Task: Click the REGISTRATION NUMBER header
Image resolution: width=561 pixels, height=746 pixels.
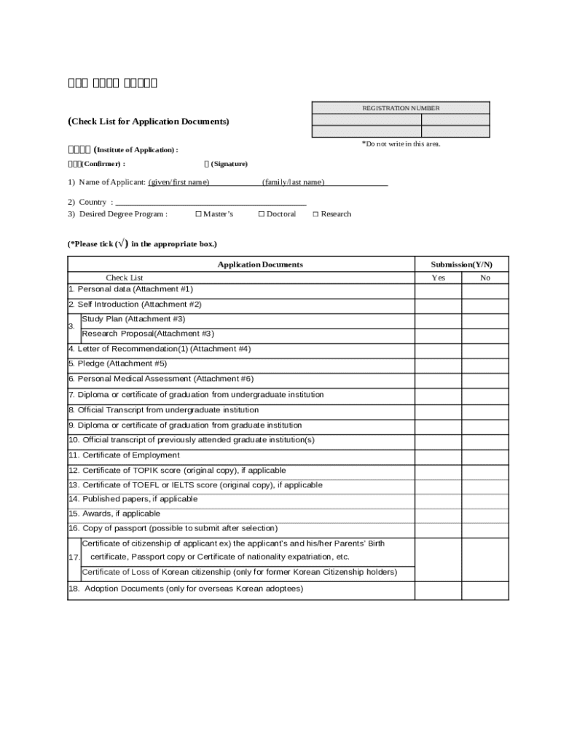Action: tap(401, 108)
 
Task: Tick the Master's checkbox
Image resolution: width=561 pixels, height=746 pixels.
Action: tap(199, 214)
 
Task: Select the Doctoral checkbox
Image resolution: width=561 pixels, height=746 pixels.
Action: tap(262, 214)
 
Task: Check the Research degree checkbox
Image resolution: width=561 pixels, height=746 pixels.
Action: tap(315, 214)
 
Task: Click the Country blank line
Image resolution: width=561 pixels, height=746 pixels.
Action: tap(211, 203)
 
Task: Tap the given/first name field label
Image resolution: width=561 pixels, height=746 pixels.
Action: tap(179, 182)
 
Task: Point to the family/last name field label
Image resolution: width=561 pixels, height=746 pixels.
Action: tap(294, 182)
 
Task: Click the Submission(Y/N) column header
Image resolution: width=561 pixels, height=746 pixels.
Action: tap(461, 264)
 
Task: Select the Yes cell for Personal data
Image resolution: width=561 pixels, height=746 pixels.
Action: tap(438, 290)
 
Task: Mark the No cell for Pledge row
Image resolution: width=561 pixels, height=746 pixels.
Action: tap(485, 364)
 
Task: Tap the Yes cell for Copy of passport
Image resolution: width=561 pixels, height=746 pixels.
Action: tap(438, 528)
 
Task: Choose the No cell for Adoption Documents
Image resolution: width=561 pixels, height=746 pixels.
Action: tap(485, 589)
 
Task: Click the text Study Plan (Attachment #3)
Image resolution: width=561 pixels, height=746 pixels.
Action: tap(133, 319)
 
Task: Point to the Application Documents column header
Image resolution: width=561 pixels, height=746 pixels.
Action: tap(261, 264)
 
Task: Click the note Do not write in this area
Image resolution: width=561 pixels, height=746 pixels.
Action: tap(401, 144)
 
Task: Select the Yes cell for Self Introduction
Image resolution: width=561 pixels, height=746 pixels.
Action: tap(438, 305)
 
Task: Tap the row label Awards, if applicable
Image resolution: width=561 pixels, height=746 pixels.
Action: tap(114, 514)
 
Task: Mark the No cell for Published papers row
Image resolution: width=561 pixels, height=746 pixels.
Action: tap(485, 499)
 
